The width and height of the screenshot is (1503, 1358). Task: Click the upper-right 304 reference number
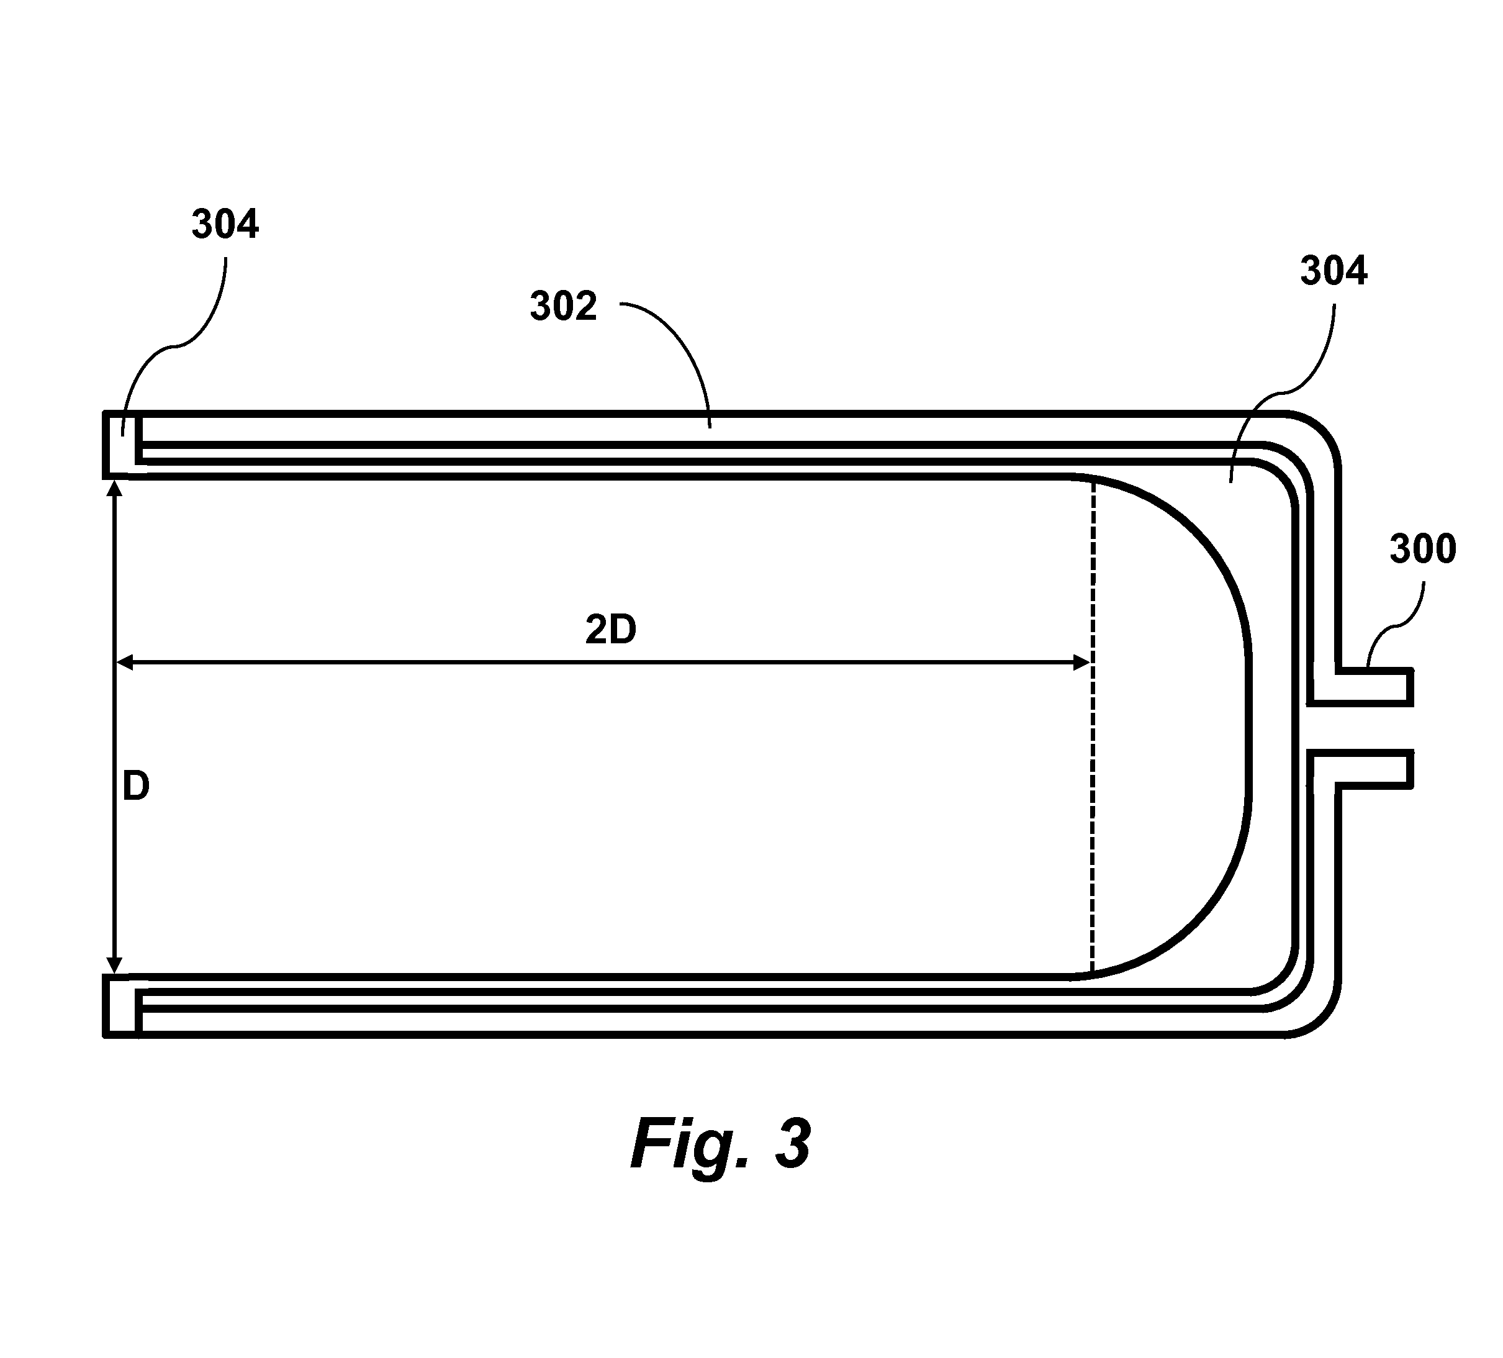tap(1334, 271)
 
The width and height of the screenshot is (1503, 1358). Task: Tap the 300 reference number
tap(1422, 550)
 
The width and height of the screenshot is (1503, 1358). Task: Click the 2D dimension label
tap(611, 630)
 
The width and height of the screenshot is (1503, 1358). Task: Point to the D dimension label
tap(137, 787)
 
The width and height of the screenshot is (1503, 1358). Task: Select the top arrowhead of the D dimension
tap(115, 490)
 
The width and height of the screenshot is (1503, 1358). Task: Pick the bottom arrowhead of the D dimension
tap(115, 965)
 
